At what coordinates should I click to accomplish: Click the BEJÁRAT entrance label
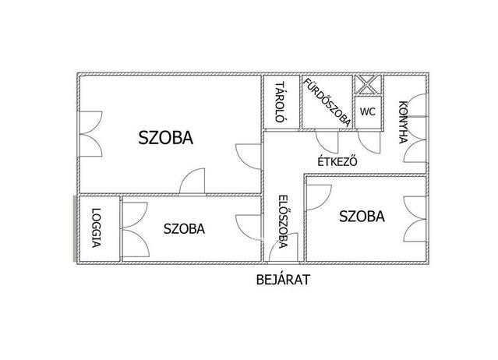coord(283,280)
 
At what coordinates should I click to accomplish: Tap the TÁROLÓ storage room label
coord(279,102)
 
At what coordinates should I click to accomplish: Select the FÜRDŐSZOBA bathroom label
coord(327,102)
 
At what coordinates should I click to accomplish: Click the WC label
coord(368,111)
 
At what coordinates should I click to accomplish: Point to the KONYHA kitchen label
coord(403,122)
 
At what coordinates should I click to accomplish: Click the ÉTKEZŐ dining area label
coord(337,161)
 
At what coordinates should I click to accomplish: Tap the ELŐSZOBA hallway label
coord(282,221)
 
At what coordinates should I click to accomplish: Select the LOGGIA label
coord(96,228)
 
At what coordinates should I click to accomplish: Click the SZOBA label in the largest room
coord(166,137)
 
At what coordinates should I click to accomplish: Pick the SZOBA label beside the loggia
coord(184,228)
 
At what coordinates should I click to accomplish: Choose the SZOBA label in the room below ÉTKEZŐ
coord(362,216)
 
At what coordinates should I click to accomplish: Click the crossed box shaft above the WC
coord(368,84)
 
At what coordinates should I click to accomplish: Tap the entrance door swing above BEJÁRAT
coord(283,247)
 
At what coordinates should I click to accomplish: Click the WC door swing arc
coord(369,142)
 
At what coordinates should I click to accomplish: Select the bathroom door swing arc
coord(327,142)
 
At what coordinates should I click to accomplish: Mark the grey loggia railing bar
coord(75,228)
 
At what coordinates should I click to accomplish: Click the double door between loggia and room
coord(136,229)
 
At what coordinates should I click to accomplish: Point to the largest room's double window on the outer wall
coord(90,134)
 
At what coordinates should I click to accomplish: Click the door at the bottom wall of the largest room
coord(192,181)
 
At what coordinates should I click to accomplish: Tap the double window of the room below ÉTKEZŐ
coord(415,220)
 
